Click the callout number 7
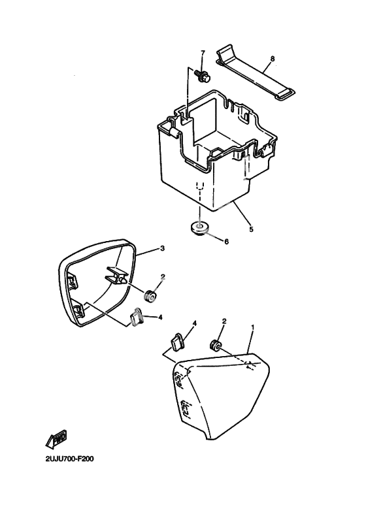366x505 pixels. [203, 53]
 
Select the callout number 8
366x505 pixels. [273, 59]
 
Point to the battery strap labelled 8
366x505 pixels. [254, 73]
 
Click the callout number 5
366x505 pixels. [251, 229]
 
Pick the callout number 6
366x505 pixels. [226, 241]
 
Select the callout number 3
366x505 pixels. [162, 248]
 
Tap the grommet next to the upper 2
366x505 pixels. [150, 296]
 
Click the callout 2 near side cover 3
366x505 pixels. [163, 276]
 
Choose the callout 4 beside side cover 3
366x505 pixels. [160, 318]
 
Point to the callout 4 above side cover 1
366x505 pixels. [194, 323]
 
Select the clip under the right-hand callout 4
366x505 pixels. [176, 342]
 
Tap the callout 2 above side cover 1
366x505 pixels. [224, 321]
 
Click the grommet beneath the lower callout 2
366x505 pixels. [215, 345]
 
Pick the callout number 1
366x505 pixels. [253, 327]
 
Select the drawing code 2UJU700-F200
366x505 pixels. [69, 459]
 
